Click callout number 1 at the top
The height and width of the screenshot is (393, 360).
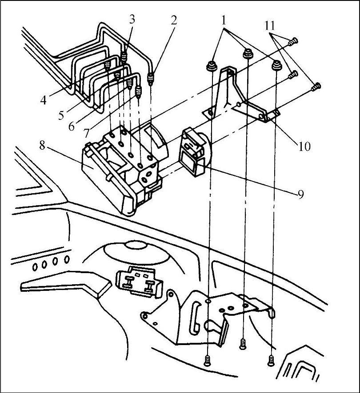point(224,20)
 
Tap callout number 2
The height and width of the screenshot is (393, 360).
point(174,20)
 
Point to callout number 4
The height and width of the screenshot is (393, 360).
point(43,99)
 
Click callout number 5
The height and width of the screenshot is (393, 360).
point(62,116)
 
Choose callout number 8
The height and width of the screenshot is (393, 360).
point(42,145)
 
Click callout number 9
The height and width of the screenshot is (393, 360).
point(301,195)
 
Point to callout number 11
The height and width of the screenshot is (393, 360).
point(270,26)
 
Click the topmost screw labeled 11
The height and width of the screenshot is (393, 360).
point(292,42)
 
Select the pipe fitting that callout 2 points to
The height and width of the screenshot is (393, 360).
point(152,79)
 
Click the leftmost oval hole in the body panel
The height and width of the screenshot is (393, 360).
point(35,266)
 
